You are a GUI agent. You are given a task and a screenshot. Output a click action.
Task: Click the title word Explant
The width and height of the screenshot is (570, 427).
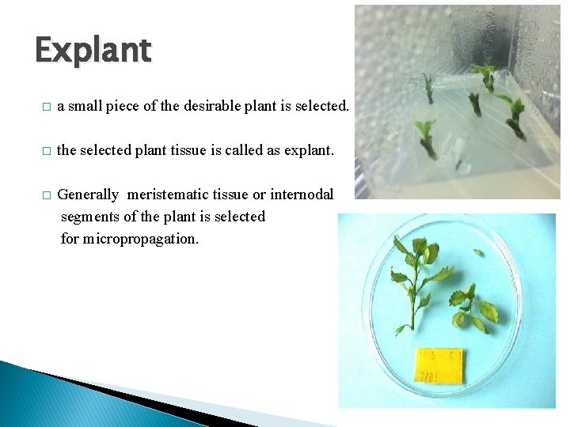tap(93, 51)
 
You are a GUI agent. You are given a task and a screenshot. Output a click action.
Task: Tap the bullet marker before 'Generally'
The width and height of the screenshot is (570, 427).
tap(47, 195)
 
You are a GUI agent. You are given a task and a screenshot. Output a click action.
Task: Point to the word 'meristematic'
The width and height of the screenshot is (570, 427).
tap(168, 195)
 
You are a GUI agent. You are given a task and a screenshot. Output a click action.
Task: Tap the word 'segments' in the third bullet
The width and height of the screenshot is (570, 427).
tap(89, 217)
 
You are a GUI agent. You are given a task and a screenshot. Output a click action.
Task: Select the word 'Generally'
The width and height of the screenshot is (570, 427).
tap(89, 195)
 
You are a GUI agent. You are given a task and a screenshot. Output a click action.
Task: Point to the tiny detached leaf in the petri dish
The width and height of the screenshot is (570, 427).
tap(477, 253)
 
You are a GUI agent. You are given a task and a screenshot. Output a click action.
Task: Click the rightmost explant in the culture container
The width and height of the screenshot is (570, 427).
tap(514, 114)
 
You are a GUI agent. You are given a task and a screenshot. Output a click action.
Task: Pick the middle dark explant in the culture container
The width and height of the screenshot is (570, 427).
tap(475, 103)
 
